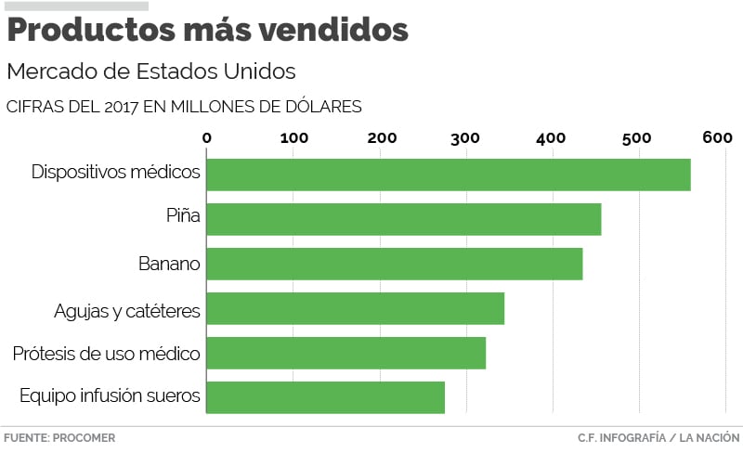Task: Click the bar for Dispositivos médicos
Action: (448, 175)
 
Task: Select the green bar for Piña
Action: (403, 219)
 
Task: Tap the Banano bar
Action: (394, 264)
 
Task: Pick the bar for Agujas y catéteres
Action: (355, 308)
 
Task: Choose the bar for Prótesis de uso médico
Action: (345, 353)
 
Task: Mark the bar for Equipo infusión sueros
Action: (325, 397)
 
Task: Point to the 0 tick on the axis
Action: (206, 138)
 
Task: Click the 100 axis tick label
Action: (293, 138)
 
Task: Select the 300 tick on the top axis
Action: (466, 138)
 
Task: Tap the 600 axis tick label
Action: (718, 138)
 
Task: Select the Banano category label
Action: (169, 264)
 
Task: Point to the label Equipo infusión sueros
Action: (110, 396)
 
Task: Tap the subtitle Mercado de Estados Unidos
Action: (150, 71)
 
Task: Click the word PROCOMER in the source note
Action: (84, 437)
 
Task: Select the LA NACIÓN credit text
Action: (710, 437)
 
